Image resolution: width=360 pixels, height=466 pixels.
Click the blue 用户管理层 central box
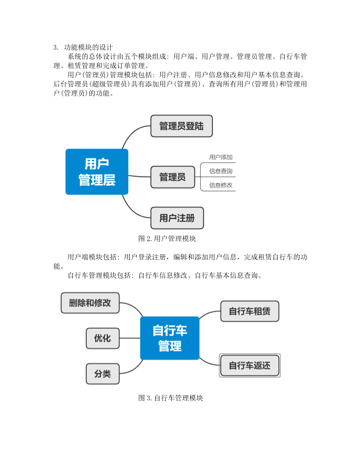[x=97, y=172]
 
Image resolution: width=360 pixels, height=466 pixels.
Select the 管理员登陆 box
[x=182, y=126]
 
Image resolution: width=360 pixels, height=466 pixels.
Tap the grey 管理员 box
[x=173, y=177]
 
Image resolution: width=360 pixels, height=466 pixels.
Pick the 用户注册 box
[x=177, y=218]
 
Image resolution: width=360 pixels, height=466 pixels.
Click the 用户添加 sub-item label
[x=221, y=157]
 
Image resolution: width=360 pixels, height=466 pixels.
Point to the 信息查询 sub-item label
[x=221, y=171]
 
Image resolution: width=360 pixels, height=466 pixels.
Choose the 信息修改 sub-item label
[x=221, y=185]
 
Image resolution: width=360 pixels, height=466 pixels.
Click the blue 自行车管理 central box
[x=170, y=338]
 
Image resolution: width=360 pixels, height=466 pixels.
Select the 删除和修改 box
[x=90, y=303]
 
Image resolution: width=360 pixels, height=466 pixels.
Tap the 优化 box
[x=102, y=338]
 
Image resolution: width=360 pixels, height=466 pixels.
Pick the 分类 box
[x=102, y=374]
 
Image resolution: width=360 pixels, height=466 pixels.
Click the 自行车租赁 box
[x=250, y=311]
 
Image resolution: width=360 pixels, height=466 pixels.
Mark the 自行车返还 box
[x=250, y=365]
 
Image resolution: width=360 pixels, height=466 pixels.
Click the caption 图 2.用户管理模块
[x=167, y=239]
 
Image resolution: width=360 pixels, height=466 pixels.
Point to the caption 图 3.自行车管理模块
[x=171, y=398]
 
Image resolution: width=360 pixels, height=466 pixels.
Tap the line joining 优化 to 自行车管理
[x=130, y=338]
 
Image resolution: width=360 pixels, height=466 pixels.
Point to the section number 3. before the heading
[x=56, y=48]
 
